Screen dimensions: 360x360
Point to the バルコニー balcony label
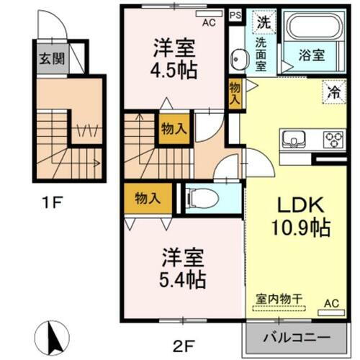296,337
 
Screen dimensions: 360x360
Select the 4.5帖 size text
174,71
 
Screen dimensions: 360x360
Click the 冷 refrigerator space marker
333,91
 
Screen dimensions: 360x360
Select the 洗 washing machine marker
264,22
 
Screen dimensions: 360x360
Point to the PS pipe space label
235,13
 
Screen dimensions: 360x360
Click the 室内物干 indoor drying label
276,297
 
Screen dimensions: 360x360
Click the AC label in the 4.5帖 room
209,23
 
